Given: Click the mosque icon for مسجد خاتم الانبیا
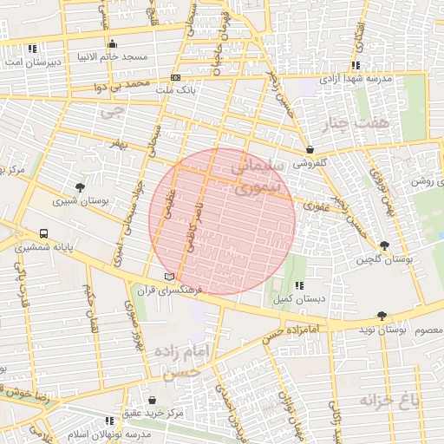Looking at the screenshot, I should click(x=111, y=45).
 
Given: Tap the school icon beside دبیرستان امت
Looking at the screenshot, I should click(x=32, y=49).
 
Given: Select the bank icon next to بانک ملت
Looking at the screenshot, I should click(x=176, y=77).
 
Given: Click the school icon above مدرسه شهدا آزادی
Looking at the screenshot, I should click(x=356, y=66).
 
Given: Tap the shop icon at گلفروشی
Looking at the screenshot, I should click(x=310, y=150).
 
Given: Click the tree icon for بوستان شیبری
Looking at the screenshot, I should click(x=80, y=187).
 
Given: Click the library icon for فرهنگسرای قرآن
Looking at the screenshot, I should click(x=169, y=276).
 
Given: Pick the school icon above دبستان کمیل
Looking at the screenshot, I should click(x=298, y=285).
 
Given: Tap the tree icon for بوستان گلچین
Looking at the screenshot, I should click(x=384, y=246).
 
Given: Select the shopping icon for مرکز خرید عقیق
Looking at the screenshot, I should click(x=153, y=401).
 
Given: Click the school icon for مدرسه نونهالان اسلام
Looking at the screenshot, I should click(x=109, y=421).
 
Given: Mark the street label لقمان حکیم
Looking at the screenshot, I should click(x=88, y=304).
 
